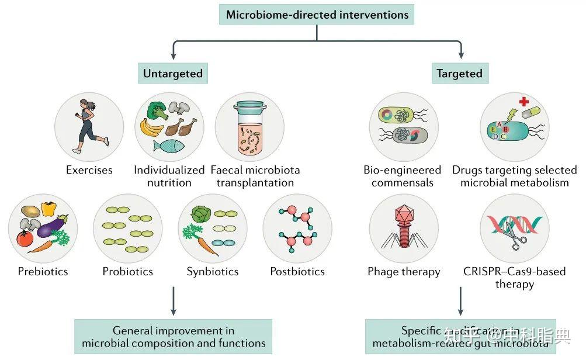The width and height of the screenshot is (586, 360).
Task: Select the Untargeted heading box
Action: (x=173, y=73)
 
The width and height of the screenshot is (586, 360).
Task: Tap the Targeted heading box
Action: (x=459, y=73)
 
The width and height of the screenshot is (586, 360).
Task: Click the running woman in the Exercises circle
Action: (x=89, y=123)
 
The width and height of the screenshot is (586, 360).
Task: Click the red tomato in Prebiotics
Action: (x=25, y=238)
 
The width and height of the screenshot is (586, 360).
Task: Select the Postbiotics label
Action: (x=297, y=271)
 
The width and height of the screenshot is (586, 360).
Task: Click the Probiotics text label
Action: (x=127, y=271)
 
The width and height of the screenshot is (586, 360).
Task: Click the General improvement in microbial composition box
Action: (x=174, y=337)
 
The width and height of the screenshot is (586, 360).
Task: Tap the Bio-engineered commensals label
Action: (x=403, y=176)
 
